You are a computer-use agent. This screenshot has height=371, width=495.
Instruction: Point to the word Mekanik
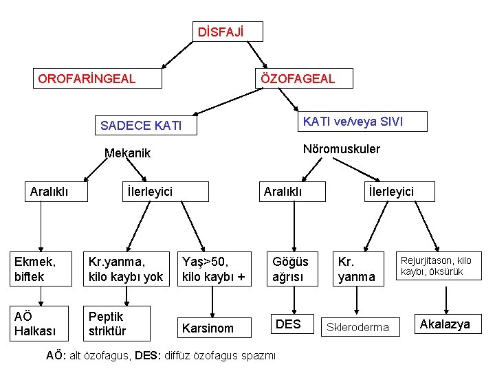[x=127, y=153]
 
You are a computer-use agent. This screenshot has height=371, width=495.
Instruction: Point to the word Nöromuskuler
[x=342, y=149]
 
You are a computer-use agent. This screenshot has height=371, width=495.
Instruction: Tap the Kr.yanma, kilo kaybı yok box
[x=126, y=269]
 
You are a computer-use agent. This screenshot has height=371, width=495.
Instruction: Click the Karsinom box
[x=214, y=328]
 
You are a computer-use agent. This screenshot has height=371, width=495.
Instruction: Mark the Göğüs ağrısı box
[x=292, y=269]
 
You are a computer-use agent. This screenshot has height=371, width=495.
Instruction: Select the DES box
[x=288, y=324]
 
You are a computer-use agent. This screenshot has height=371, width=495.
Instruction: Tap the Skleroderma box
[x=357, y=328]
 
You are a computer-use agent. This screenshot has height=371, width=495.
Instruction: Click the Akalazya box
[x=445, y=324]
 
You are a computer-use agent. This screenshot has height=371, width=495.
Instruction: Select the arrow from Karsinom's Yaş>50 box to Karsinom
[x=212, y=300]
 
